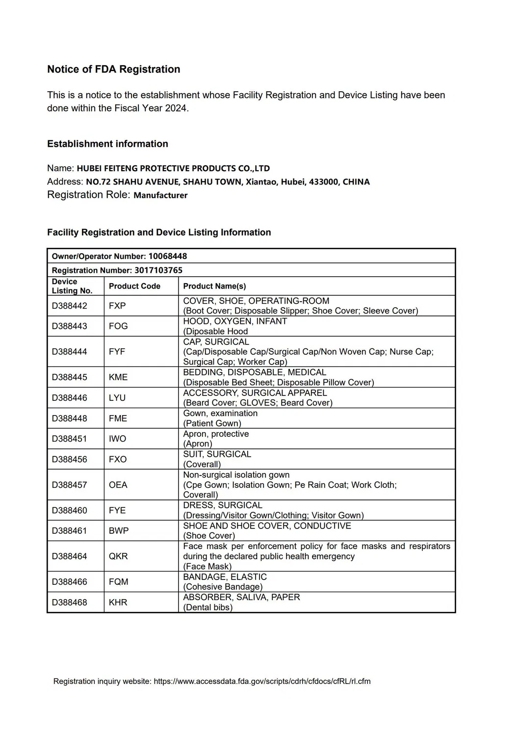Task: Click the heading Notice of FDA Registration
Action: pos(113,69)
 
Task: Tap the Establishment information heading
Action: pos(107,144)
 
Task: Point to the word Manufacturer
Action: pos(160,195)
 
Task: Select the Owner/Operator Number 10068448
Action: pos(168,256)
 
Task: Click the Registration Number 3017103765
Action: pos(158,270)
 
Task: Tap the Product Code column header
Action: pos(134,286)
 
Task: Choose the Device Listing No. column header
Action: pos(72,286)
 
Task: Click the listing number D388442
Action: pos(70,306)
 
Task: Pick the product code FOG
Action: pos(118,326)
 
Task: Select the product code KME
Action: pos(118,377)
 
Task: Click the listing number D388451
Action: pos(70,439)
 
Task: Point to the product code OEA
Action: pos(118,485)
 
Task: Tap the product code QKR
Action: pos(118,556)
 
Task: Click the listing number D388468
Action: pos(70,603)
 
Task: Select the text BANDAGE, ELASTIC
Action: pos(225,577)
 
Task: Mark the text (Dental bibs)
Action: pos(208,607)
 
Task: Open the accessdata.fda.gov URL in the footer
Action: pos(262,682)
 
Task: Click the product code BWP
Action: pos(118,531)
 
